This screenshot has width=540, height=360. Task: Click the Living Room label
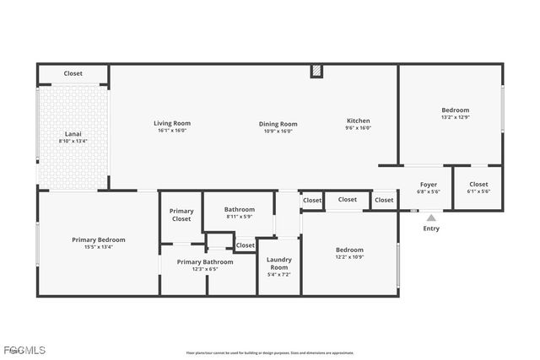[x=171, y=123]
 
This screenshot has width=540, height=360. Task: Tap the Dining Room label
[x=278, y=124]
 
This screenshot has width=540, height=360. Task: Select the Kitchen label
[x=358, y=121]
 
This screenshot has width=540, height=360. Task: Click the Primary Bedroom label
[x=98, y=240]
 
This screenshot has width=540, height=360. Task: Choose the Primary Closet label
[x=181, y=215]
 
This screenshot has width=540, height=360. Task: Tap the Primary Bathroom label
[x=205, y=261]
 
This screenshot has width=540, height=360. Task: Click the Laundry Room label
[x=278, y=263]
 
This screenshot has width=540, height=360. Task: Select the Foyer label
[x=429, y=184]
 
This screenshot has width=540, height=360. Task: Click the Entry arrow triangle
[x=431, y=218]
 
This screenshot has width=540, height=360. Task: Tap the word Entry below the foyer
[x=431, y=228]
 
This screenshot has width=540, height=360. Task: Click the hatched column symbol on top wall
[x=316, y=71]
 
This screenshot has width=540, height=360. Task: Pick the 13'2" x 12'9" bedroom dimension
[x=455, y=117]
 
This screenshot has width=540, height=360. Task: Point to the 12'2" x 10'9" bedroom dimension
[x=349, y=256]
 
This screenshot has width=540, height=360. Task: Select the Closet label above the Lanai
[x=73, y=73]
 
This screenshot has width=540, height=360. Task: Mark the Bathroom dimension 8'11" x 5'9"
[x=240, y=217]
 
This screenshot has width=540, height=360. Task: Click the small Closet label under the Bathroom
[x=246, y=245]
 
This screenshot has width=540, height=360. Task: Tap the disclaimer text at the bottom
[x=270, y=352]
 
